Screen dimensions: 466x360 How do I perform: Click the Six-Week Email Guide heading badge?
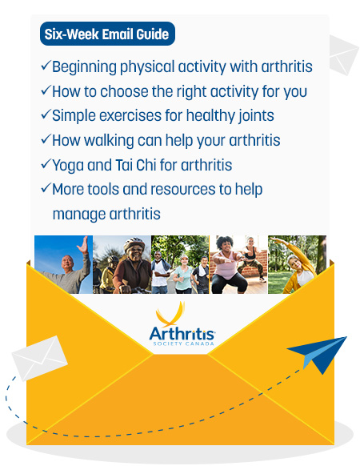point(107,34)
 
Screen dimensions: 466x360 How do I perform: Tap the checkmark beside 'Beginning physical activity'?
point(45,67)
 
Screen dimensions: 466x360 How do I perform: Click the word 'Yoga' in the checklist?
point(69,165)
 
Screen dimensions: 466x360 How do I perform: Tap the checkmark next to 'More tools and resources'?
point(45,190)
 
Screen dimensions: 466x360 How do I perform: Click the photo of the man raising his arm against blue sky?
point(62,264)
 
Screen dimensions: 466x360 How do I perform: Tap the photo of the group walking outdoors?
point(179,264)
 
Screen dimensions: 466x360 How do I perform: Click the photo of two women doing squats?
point(238,264)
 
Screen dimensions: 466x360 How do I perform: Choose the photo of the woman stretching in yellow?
point(296,264)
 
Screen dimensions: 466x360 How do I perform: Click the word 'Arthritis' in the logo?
point(181,330)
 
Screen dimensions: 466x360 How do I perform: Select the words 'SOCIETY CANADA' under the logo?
point(181,343)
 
